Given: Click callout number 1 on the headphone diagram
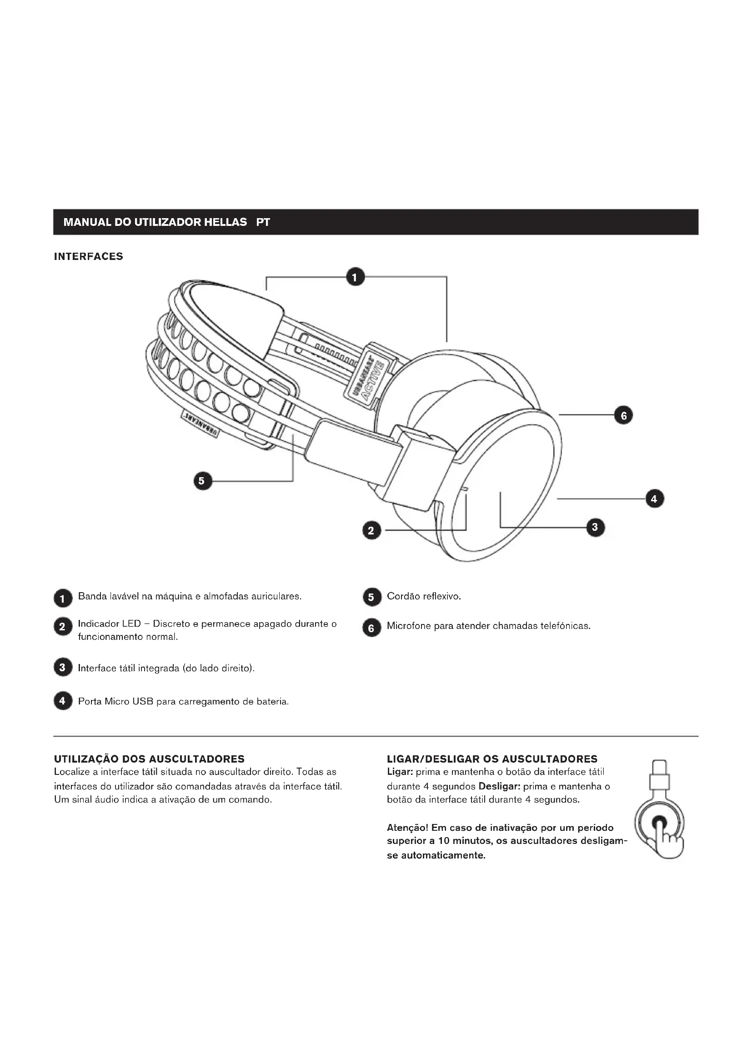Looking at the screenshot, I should pos(355,277).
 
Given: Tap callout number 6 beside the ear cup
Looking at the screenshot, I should pos(623,415).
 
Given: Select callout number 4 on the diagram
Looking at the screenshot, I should pos(654,499).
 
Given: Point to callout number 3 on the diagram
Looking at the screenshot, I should pos(595,527).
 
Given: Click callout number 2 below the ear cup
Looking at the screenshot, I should pos(371,530).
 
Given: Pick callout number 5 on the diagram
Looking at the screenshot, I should pos(202,481).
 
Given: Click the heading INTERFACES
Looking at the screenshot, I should pos(89,256).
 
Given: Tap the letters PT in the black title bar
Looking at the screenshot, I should pos(263,222).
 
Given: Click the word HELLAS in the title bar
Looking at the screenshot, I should pos(226,222).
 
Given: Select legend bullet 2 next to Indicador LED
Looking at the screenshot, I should pos(62,627).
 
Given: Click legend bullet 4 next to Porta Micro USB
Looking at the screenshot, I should pos(62,701).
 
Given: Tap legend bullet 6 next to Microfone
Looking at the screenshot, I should pos(371,627).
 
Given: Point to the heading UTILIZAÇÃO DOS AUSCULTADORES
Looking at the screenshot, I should pos(149,759).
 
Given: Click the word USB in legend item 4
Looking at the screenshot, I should pos(142,701).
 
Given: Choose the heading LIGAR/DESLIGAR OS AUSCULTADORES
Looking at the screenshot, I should pos(492,759).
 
